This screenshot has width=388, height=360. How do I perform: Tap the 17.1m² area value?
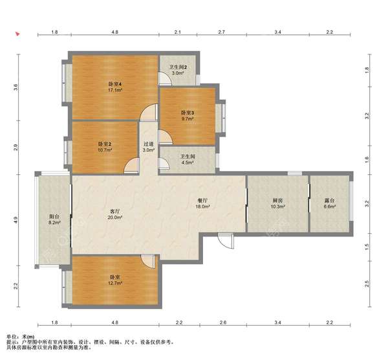coord(115,90)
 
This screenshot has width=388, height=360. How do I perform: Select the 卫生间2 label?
coord(178,67)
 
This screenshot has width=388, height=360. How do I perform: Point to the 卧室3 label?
coord(188,113)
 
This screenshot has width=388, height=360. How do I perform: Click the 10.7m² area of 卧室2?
coord(105,150)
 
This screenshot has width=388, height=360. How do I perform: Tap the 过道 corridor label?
coord(149,144)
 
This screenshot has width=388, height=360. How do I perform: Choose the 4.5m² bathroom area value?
coord(188,163)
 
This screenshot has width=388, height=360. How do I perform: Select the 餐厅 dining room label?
coord(202,200)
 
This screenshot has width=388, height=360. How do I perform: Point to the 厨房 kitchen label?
coord(277,200)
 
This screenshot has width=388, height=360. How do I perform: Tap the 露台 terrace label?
coord(330,200)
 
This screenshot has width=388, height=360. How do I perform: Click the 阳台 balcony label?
coord(54,216)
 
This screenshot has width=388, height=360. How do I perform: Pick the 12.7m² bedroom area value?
coord(115,283)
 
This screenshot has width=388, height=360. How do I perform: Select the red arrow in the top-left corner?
coord(17,34)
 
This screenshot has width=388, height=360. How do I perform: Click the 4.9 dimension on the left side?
coord(16,219)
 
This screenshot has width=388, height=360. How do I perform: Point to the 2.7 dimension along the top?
coord(222,32)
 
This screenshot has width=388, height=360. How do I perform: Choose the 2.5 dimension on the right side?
coord(367,284)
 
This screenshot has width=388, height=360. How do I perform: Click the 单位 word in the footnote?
coord(11,337)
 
